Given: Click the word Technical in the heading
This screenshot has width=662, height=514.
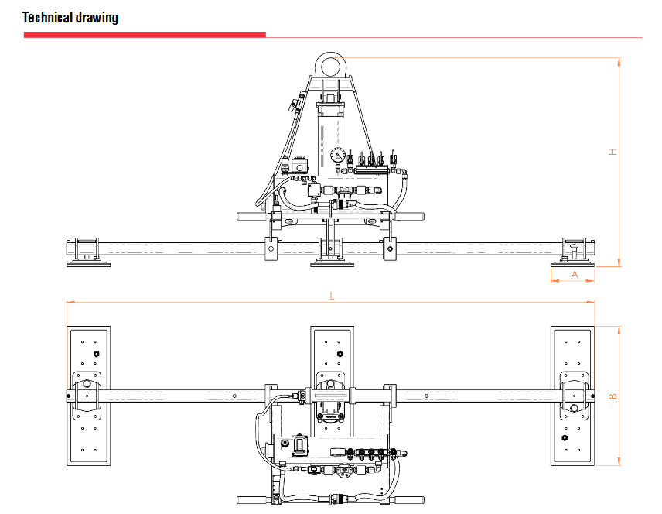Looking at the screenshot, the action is pos(48,17).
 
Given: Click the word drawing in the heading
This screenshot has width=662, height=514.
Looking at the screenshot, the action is pos(97,18).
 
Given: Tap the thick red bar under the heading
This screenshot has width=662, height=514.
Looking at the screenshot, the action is pos(145,35).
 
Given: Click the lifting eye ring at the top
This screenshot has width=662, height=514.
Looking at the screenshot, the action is pos(331,67).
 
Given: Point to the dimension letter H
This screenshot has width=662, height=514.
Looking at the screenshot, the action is pos(613,152).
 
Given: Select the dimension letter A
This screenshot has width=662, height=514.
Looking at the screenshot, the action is pos(575,275).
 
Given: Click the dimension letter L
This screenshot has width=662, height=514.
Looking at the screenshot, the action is pos(333,296).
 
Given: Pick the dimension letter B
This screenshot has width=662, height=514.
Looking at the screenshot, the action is pos(613,396).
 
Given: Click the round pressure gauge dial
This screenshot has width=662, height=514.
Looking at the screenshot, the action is pos(338,155).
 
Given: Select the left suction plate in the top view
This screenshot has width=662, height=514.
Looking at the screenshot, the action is pos(89,396).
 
